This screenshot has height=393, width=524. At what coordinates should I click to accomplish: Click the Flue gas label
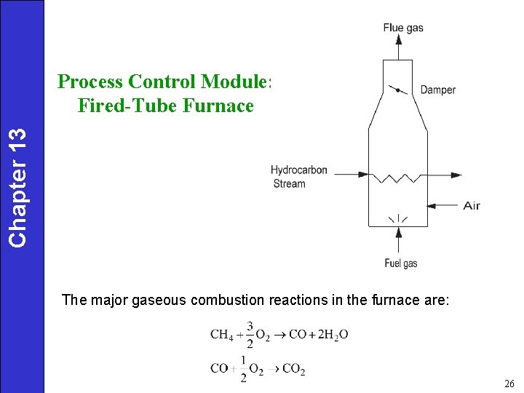(x=402, y=28)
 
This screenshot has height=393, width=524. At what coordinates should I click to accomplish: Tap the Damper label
(x=438, y=90)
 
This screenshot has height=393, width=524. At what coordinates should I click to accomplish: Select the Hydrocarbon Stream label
(x=298, y=177)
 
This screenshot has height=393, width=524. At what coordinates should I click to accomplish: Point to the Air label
(x=472, y=206)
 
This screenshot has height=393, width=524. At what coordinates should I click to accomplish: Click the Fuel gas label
(x=400, y=263)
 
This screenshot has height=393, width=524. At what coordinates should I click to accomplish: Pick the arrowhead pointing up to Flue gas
(x=397, y=42)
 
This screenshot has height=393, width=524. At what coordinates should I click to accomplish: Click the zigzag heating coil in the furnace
(x=397, y=176)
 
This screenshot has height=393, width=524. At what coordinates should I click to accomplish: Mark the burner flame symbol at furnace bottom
(x=397, y=218)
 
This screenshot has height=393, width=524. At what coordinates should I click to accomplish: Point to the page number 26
(x=508, y=383)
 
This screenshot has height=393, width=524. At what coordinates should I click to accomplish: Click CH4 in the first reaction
(x=222, y=335)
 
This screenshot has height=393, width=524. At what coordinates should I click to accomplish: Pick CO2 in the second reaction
(x=293, y=368)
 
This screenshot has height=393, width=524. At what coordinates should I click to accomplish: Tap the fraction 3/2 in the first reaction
(x=250, y=334)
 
